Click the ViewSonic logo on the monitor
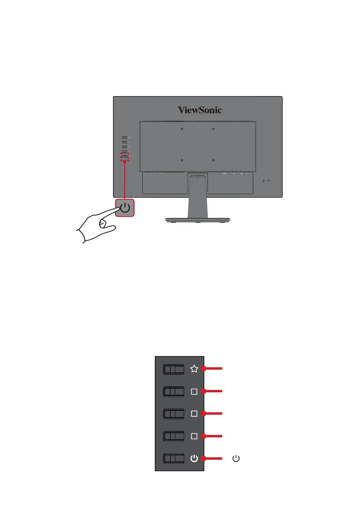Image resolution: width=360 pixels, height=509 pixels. click(200, 110)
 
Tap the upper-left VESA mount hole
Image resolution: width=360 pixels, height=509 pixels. click(182, 129)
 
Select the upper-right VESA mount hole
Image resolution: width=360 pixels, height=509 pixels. click(213, 129)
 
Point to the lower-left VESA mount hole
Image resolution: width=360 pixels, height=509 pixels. click(182, 160)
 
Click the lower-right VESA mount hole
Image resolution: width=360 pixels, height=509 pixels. click(213, 160)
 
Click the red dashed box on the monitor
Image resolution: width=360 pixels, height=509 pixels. click(125, 157)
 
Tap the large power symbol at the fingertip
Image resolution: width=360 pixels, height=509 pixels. click(125, 208)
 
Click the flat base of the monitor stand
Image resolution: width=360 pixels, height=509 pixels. click(198, 220)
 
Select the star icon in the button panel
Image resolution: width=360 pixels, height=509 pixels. click(194, 369)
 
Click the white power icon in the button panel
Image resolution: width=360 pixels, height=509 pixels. click(194, 459)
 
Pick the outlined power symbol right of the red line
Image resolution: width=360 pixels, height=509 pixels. click(236, 459)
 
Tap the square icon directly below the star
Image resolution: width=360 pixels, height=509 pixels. click(194, 391)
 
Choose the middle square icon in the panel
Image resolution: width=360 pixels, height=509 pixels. click(194, 413)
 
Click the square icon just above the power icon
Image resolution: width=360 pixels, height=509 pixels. click(194, 436)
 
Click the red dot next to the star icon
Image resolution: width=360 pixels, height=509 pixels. click(203, 368)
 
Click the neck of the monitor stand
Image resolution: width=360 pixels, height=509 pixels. click(198, 196)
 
